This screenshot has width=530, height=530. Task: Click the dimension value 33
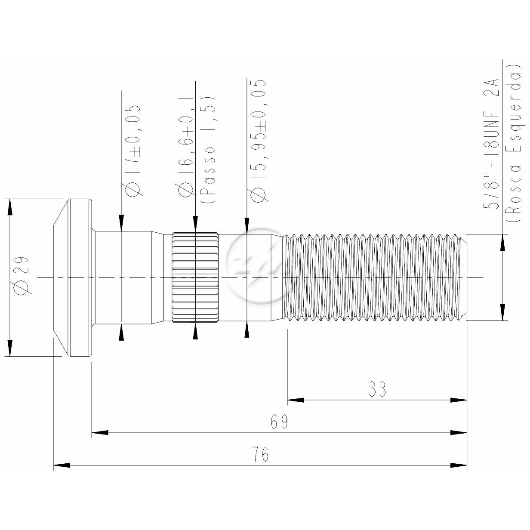pos(377,389)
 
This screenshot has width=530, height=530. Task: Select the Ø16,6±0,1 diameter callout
pos(186,146)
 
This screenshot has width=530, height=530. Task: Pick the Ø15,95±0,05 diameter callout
pos(257,141)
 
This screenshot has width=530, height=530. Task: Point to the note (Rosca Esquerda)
pos(514,143)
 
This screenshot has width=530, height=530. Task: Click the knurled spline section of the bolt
pos(195,277)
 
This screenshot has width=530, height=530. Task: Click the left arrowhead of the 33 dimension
pos(296,400)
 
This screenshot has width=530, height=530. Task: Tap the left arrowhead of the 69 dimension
pos(100,433)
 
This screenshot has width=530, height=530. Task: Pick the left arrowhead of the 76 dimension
pos(62,465)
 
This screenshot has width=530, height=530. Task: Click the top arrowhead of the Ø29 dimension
pos(10,207)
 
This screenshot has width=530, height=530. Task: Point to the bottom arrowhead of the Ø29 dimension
pos(10,348)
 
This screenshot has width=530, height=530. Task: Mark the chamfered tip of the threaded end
pos(464,277)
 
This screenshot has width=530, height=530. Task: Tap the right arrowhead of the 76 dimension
pos(459,465)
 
